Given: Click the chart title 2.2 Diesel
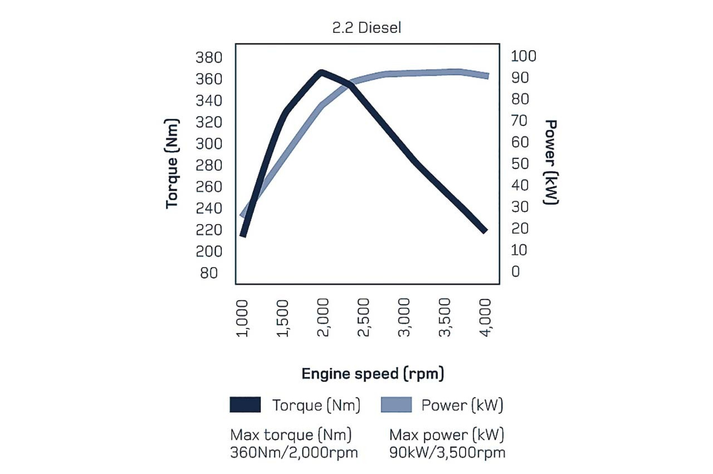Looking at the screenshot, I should coord(366,28).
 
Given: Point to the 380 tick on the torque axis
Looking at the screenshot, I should coord(209,57).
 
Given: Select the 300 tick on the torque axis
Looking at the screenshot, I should coord(209,144).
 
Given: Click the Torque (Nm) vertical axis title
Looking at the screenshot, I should coord(173,164).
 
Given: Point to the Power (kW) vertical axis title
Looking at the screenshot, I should coord(551,162).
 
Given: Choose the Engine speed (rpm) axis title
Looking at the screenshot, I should coord(373,374).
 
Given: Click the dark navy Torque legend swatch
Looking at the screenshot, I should coord(245,405).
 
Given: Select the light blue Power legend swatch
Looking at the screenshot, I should coord(396,405).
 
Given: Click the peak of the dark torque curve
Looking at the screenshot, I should coord(321,72).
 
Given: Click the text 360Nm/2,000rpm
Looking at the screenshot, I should coord(294,452).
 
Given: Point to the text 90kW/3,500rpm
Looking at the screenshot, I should coord(447,452).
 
